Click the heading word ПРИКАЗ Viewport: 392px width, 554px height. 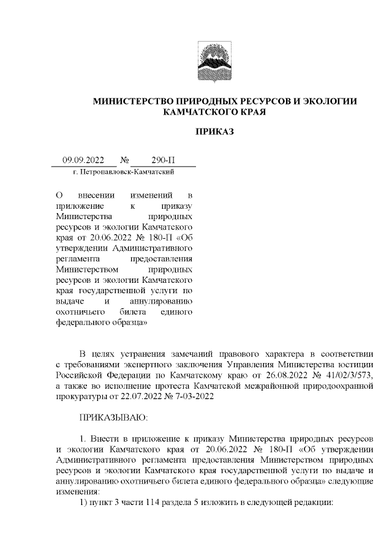point(215,131)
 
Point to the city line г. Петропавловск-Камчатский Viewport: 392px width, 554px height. point(124,173)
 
